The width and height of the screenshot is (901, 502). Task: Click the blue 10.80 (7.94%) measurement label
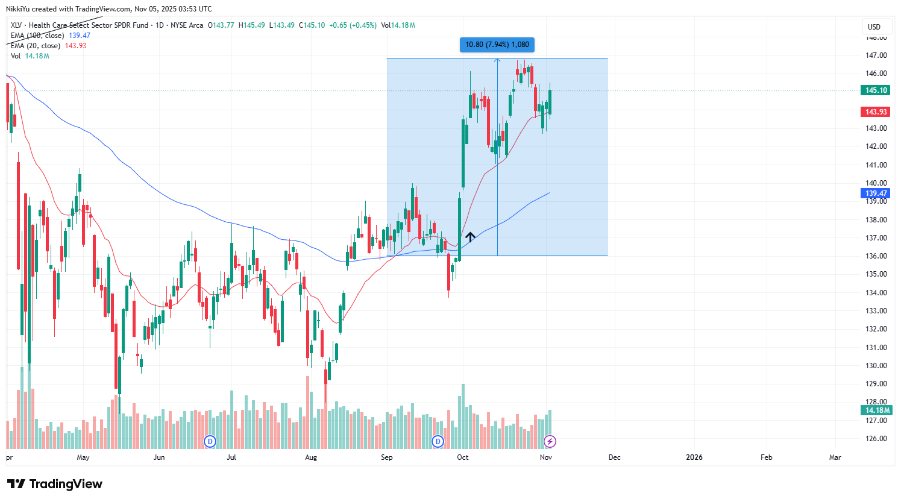497,45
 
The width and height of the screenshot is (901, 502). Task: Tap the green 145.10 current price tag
876,90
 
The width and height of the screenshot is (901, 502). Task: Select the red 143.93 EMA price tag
876,112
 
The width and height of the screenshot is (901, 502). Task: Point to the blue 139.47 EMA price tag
876,193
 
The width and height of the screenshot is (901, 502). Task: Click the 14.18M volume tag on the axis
877,410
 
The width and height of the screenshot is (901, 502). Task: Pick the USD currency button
874,27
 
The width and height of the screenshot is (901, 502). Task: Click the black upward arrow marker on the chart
469,237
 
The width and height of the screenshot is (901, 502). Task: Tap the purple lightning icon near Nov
549,442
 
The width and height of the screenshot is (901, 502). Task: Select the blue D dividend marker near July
210,442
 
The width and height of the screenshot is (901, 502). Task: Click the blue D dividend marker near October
438,442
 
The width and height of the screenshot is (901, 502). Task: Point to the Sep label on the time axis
387,457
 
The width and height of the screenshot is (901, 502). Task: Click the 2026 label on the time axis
694,457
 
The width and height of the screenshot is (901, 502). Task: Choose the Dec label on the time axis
614,457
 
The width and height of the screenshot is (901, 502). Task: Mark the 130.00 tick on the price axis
876,366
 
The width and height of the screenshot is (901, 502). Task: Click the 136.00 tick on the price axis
876,256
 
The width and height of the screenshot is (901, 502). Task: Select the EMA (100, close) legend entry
37,36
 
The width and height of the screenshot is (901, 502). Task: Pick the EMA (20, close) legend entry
36,46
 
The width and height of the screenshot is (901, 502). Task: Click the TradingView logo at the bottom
55,484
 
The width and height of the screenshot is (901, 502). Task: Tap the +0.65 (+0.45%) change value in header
353,25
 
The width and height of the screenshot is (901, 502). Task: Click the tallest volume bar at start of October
463,416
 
